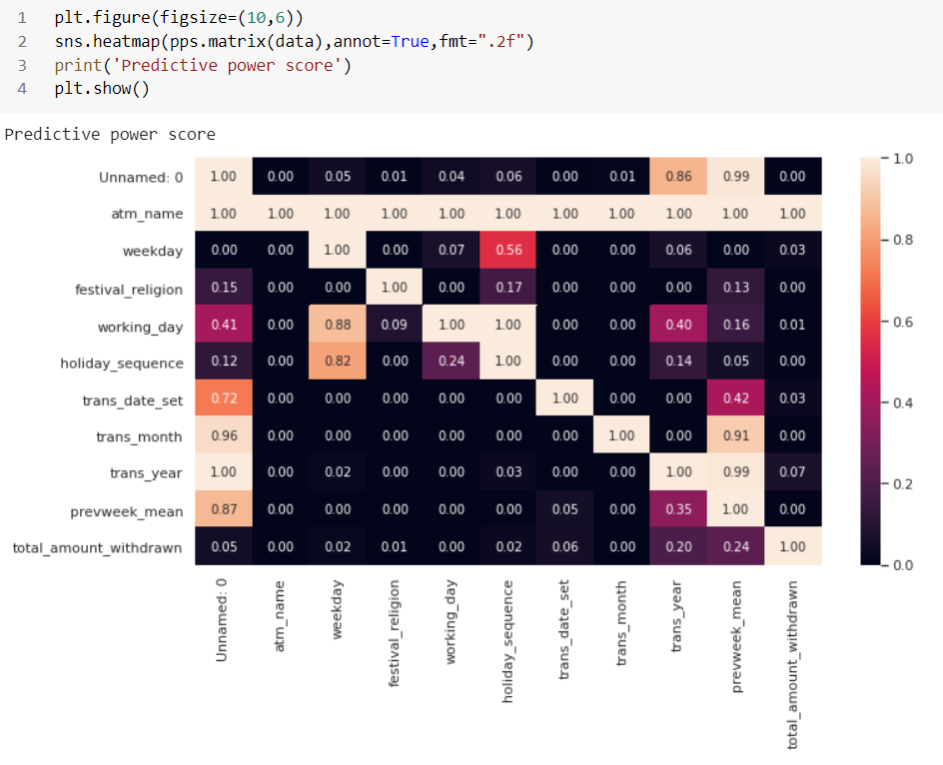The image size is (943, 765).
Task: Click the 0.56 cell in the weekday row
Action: click(507, 251)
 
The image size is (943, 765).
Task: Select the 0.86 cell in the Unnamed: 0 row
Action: click(678, 176)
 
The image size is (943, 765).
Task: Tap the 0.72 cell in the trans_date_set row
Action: click(223, 399)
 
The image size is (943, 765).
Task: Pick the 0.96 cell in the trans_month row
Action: click(223, 436)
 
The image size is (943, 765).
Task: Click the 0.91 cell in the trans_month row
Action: click(735, 436)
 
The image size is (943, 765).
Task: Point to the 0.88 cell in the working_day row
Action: click(337, 326)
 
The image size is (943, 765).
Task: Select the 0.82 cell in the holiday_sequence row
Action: click(337, 363)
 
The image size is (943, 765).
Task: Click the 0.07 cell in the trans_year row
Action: click(792, 473)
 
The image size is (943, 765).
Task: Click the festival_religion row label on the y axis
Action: click(129, 290)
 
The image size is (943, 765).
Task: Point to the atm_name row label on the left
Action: click(147, 214)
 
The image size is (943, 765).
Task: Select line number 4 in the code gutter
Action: click(22, 89)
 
